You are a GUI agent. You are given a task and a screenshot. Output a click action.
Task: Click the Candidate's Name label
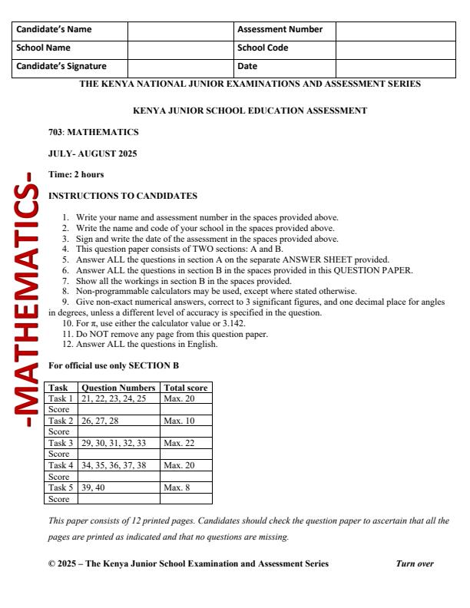[x=54, y=30]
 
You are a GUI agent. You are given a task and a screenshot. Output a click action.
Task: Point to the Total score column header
[x=185, y=388]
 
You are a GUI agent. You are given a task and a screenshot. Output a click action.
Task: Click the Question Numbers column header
[x=118, y=388]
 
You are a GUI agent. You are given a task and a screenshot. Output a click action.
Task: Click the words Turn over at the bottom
[x=415, y=563]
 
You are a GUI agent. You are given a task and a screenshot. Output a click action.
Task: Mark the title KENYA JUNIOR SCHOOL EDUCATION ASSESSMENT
[x=250, y=111]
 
